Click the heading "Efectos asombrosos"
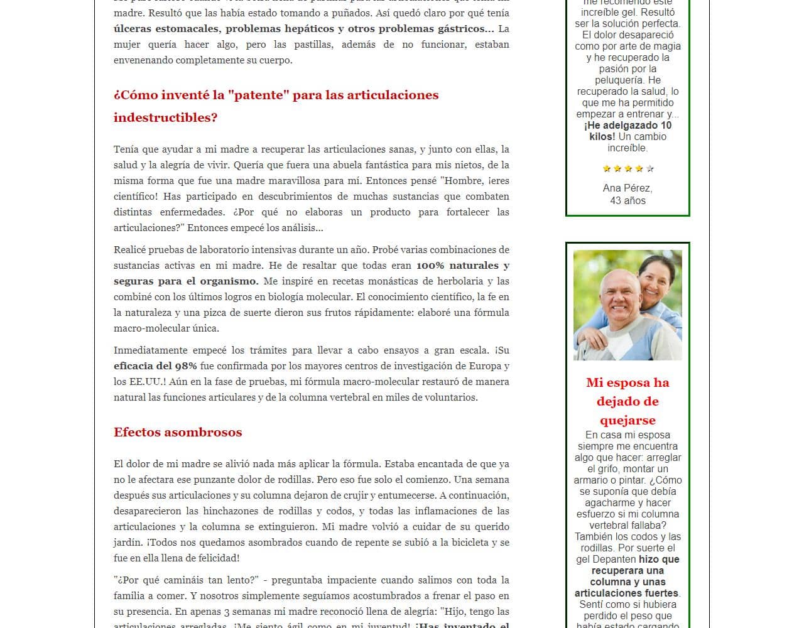(178, 432)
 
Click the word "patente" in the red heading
(258, 95)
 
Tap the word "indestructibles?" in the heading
(165, 117)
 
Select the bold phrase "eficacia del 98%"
(155, 366)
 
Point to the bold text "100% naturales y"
(462, 266)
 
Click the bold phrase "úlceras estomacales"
(166, 29)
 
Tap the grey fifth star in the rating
(650, 168)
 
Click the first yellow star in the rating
(607, 168)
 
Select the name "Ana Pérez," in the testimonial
(627, 188)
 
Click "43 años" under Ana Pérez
(627, 201)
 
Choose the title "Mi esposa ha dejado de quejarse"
(627, 401)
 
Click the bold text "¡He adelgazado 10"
(627, 126)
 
